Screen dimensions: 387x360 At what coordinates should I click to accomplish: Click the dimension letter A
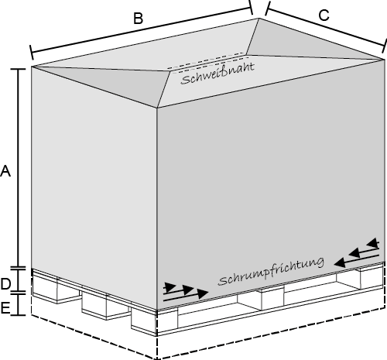click(5, 171)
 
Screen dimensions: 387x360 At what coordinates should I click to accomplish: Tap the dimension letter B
click(139, 19)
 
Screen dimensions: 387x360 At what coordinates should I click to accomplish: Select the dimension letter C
click(324, 15)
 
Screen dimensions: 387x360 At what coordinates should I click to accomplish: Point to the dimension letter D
click(5, 284)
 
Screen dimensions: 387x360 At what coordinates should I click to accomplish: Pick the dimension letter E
click(5, 308)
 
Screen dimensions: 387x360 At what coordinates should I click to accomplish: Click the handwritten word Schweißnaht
click(217, 74)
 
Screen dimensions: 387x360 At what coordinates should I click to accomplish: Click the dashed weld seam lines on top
click(207, 61)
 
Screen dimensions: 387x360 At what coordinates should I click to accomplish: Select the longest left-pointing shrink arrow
click(357, 259)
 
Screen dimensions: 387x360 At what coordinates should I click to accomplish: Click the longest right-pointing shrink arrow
click(186, 297)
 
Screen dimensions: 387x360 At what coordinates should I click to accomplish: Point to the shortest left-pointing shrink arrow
click(372, 243)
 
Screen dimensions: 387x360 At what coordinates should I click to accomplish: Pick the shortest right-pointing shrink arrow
click(170, 286)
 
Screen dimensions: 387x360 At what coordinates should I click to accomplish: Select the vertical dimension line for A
click(18, 168)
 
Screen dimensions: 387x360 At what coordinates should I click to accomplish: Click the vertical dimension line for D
click(18, 281)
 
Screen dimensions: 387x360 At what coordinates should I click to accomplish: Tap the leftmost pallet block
click(44, 289)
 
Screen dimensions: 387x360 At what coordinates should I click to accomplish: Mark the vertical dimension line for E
click(18, 304)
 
